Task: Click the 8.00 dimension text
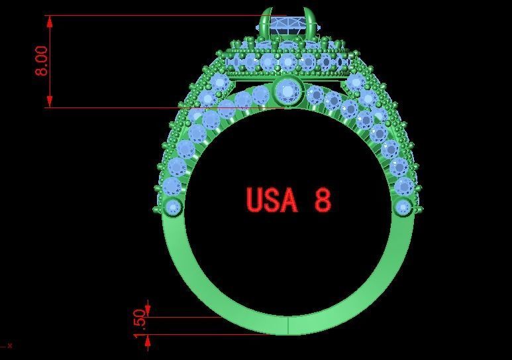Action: tap(41, 61)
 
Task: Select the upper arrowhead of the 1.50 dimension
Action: tap(148, 310)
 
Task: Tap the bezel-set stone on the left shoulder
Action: tap(174, 208)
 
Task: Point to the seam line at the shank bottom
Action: tap(288, 326)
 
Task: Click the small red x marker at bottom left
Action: tap(9, 345)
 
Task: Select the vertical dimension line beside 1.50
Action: tap(148, 325)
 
